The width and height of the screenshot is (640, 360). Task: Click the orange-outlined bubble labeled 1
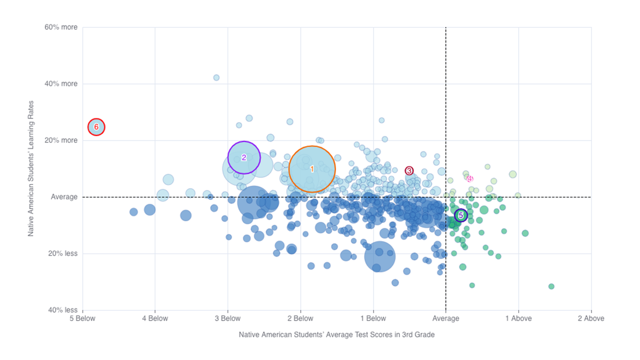click(x=312, y=169)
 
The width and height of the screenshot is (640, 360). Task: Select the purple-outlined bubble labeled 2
click(x=244, y=157)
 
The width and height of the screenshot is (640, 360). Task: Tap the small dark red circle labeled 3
click(x=409, y=171)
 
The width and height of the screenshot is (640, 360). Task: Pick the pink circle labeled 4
click(x=470, y=179)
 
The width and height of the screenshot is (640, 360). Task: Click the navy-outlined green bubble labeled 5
click(x=461, y=215)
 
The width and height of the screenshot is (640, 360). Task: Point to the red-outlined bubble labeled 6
click(x=97, y=127)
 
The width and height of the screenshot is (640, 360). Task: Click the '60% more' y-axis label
click(x=61, y=27)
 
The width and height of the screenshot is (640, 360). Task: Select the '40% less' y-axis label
click(x=63, y=310)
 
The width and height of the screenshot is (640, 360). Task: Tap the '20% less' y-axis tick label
click(x=63, y=254)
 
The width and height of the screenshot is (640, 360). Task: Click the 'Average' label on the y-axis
click(x=64, y=197)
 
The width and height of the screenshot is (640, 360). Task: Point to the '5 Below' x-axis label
click(x=83, y=319)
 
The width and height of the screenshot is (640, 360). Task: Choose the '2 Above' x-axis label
click(x=590, y=319)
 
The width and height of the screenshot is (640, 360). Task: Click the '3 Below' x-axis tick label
click(x=228, y=319)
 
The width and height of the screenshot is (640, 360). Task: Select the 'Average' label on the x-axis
click(x=445, y=319)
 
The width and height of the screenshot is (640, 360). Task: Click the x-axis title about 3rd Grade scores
click(x=337, y=335)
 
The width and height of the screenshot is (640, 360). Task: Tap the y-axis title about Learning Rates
click(x=31, y=169)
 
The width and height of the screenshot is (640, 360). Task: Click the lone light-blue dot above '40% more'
click(x=217, y=78)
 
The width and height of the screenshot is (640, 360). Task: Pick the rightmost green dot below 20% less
click(x=551, y=286)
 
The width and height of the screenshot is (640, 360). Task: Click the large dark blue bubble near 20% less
click(x=380, y=257)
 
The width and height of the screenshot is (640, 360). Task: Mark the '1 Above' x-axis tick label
click(x=518, y=319)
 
